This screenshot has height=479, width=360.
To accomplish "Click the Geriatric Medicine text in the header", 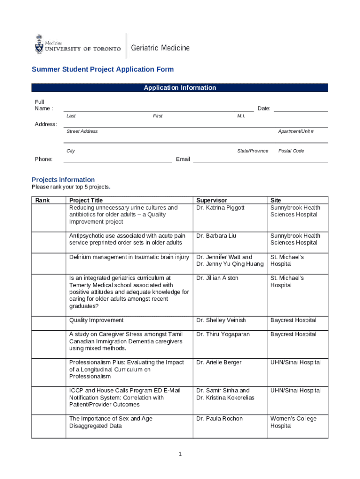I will click(160, 48).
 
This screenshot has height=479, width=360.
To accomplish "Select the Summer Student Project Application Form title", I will click(102, 69).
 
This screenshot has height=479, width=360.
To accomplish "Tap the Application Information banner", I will click(180, 87).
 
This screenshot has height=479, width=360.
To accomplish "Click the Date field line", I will click(300, 109).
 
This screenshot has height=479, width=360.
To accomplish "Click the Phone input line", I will click(117, 160).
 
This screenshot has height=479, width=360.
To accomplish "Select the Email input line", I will click(260, 160).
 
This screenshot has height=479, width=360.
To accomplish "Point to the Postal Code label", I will click(291, 151).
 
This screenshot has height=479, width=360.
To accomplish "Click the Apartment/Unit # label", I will click(295, 131).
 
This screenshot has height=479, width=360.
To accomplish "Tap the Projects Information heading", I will click(63, 180).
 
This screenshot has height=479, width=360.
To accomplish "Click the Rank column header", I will click(42, 200).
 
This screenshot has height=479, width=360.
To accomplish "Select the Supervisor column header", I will click(212, 200).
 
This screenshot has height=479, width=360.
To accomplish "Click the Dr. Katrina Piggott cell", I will click(220, 208).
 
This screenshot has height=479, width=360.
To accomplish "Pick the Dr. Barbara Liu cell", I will click(216, 236).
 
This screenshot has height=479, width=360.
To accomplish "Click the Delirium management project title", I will click(129, 257).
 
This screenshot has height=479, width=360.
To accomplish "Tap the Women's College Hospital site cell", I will click(293, 422).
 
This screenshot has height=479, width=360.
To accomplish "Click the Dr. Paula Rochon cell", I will click(219, 419).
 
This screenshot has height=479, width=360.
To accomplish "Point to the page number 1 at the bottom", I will click(180, 454).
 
